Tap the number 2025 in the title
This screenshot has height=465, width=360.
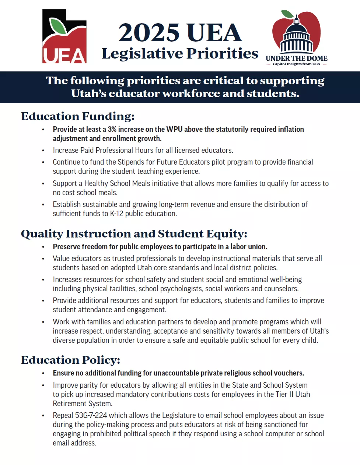(149, 33)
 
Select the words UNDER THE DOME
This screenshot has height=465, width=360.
(296, 58)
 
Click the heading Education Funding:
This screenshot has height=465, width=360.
(78, 116)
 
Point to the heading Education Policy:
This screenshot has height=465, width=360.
(70, 360)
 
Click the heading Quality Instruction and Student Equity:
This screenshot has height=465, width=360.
(134, 234)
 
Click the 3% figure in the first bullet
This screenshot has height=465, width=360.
(112, 129)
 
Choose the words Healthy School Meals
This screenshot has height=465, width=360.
(117, 183)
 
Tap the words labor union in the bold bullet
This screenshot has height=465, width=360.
(249, 247)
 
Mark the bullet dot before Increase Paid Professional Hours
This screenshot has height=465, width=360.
(43, 151)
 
